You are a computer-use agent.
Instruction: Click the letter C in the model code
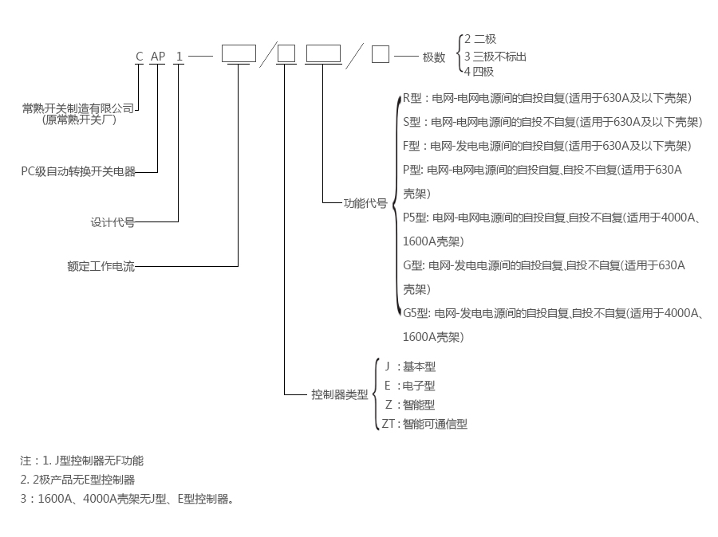point(140,57)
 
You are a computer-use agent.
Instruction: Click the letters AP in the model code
point(158,57)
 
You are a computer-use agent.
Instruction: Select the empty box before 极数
point(380,54)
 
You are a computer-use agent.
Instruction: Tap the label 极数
point(434,57)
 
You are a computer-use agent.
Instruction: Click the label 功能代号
point(365,203)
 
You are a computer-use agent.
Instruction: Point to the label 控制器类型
point(340,394)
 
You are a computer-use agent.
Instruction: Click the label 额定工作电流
point(101,266)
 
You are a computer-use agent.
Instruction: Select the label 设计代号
point(112,222)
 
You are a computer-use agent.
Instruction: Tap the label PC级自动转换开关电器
point(78,171)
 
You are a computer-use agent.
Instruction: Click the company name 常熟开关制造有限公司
point(78,108)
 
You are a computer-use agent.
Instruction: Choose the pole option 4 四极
point(479,72)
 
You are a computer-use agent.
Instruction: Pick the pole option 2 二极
point(480,39)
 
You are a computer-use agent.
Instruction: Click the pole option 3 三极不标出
point(495,56)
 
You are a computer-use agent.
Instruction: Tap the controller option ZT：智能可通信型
point(424,424)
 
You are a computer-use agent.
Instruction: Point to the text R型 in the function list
point(412,98)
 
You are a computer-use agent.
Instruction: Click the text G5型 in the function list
point(416,313)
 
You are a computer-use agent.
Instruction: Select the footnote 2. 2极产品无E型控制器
point(77,480)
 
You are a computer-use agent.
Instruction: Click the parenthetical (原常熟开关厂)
point(79,120)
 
